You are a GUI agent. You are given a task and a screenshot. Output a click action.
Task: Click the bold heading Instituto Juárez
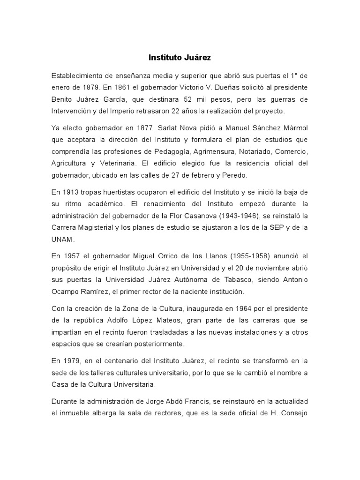pyautogui.click(x=180, y=58)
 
